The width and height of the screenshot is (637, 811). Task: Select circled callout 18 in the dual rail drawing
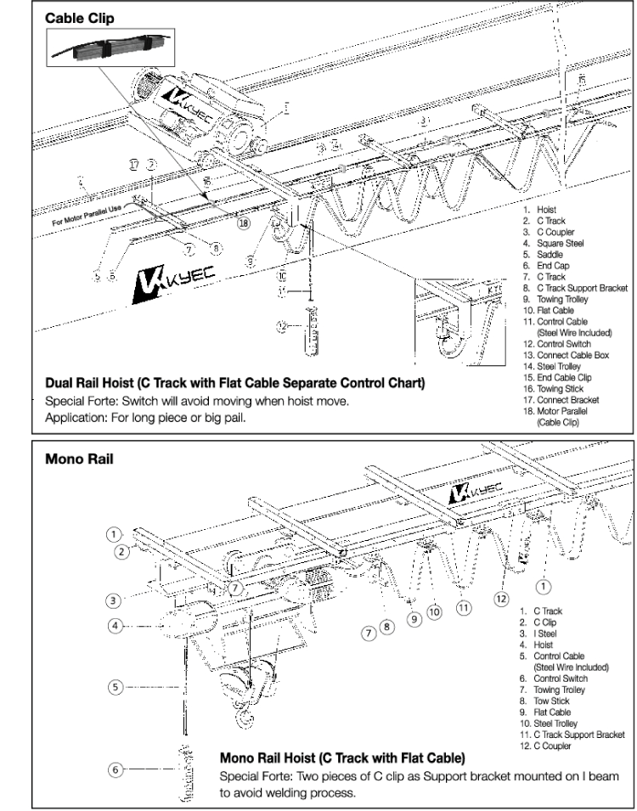(x=244, y=223)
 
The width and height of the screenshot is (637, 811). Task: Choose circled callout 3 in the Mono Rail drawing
(x=112, y=599)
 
